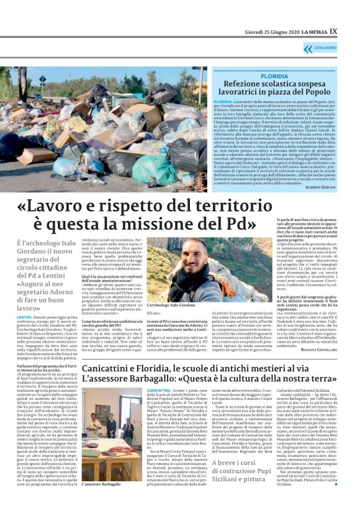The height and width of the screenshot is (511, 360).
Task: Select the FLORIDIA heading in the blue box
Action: [x=274, y=76]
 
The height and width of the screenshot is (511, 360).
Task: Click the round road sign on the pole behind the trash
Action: [x=43, y=79]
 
